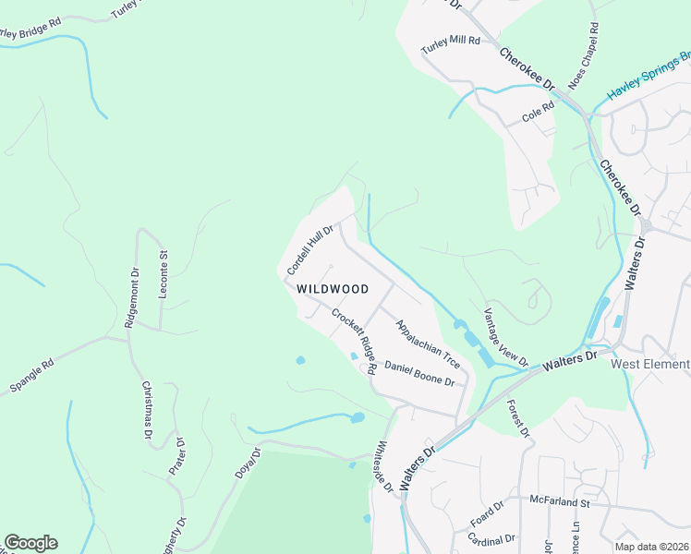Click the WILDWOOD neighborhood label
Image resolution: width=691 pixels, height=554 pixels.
[333, 289]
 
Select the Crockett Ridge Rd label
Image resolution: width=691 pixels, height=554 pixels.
[354, 340]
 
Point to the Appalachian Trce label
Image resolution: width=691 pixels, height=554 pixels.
[427, 343]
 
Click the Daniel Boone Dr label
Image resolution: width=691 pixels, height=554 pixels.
[419, 374]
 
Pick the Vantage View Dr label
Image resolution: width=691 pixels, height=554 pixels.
[505, 336]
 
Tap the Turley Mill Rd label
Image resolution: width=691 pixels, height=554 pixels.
[451, 42]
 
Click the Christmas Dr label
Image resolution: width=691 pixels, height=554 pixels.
[147, 409]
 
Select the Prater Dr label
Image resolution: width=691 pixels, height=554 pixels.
[177, 458]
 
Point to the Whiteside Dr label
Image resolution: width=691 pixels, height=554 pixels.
[382, 467]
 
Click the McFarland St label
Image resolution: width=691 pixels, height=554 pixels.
[560, 502]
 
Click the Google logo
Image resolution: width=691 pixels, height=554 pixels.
[30, 543]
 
